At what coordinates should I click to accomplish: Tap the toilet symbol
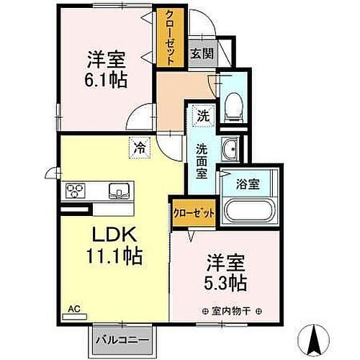coord(233,105)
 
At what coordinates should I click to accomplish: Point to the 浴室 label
coord(248,183)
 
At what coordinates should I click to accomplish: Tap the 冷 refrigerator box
coord(138,148)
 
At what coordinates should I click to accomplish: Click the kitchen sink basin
coord(118,191)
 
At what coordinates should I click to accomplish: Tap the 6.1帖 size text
coord(108,79)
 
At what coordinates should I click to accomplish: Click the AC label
coord(73,309)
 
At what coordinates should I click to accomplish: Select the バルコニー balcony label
coord(118,338)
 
